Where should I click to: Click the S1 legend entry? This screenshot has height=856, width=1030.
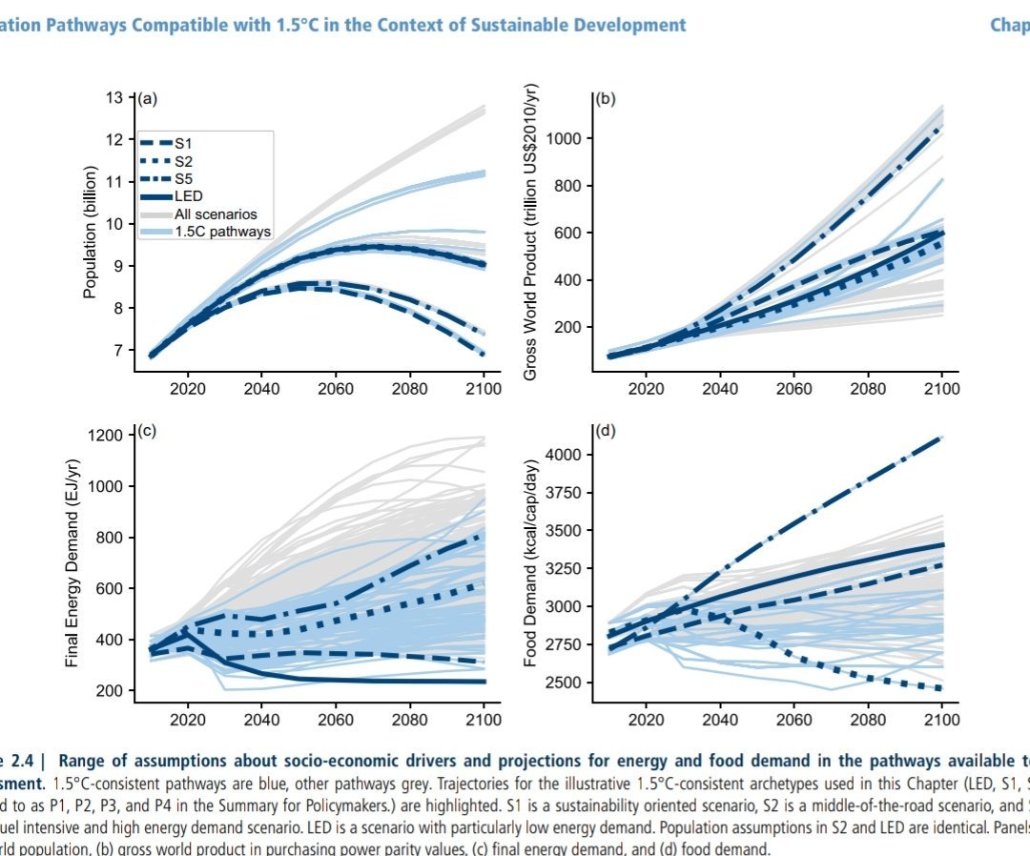pyautogui.click(x=182, y=142)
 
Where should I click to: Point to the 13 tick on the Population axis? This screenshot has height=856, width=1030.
pyautogui.click(x=114, y=97)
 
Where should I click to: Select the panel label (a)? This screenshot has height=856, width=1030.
pyautogui.click(x=148, y=98)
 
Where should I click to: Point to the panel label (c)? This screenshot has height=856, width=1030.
pyautogui.click(x=148, y=431)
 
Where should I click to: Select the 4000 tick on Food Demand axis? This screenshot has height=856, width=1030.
pyautogui.click(x=561, y=455)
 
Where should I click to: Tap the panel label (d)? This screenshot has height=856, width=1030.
pyautogui.click(x=605, y=431)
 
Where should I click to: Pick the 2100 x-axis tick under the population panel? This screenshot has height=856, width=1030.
pyautogui.click(x=483, y=388)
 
